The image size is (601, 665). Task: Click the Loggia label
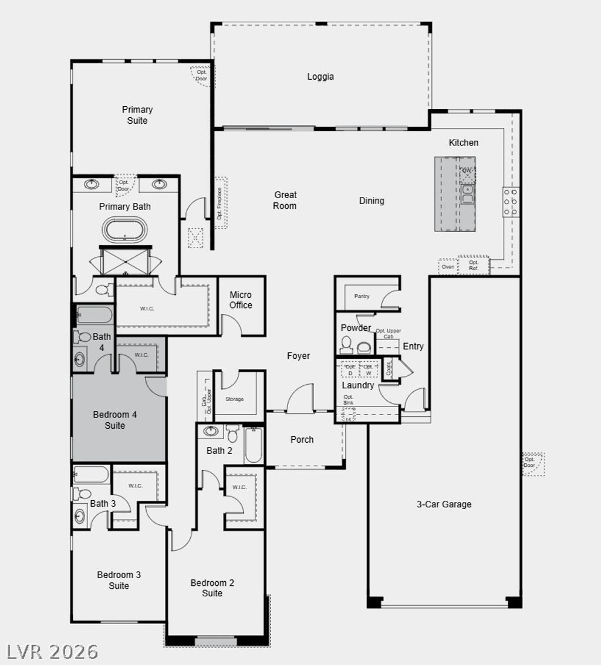320,76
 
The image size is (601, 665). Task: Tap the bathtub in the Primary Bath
124,230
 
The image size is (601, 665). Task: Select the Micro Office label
241,300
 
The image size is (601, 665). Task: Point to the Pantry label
362,296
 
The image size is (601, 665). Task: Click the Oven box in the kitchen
448,267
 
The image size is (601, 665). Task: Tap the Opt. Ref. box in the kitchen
473,265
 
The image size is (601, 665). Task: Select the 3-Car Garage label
444,504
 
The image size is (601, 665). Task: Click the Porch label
302,439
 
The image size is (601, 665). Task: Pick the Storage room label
234,399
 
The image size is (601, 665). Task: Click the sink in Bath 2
211,432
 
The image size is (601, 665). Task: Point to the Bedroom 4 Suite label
115,420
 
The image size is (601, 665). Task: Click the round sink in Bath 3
80,516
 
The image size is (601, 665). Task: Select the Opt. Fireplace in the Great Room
220,203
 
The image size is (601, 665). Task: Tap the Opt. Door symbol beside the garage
532,463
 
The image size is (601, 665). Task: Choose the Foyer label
298,356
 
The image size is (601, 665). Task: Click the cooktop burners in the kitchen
511,202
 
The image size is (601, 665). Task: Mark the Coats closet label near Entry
389,368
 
